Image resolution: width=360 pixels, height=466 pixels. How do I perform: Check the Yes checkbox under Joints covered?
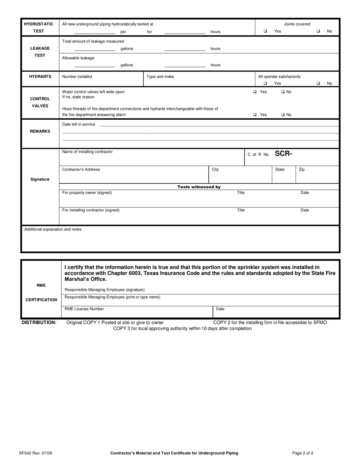pyautogui.click(x=265, y=31)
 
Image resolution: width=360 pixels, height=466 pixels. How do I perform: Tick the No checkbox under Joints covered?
pyautogui.click(x=318, y=31)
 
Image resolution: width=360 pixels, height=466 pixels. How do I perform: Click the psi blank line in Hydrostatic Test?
pyautogui.click(x=95, y=33)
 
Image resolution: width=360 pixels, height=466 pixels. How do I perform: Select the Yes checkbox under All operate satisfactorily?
pyautogui.click(x=265, y=83)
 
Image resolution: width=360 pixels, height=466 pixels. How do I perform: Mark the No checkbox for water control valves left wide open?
pyautogui.click(x=283, y=92)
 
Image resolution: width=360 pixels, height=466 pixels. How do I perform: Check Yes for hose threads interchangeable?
pyautogui.click(x=255, y=115)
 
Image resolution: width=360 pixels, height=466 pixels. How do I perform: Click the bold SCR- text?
pyautogui.click(x=283, y=154)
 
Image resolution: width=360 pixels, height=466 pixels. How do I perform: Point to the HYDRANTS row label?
pyautogui.click(x=40, y=77)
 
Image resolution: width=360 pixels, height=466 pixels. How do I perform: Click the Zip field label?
pyautogui.click(x=302, y=170)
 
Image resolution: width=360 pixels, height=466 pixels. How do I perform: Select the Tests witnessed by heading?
pyautogui.click(x=199, y=187)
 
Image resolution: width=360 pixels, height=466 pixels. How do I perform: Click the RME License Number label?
pyautogui.click(x=84, y=309)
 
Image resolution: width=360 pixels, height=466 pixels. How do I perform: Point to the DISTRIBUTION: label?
pyautogui.click(x=39, y=322)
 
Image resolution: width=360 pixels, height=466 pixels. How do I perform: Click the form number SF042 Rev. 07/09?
pyautogui.click(x=41, y=453)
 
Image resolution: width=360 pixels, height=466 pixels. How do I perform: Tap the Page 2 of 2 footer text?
pyautogui.click(x=303, y=453)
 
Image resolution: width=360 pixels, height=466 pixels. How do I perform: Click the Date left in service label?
pyautogui.click(x=78, y=124)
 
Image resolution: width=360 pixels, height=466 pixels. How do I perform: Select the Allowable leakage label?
pyautogui.click(x=78, y=58)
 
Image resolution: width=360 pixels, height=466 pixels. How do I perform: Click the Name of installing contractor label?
pyautogui.click(x=87, y=152)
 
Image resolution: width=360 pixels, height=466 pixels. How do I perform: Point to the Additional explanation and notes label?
pyautogui.click(x=53, y=229)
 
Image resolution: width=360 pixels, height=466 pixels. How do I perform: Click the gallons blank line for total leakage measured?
pyautogui.click(x=95, y=50)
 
